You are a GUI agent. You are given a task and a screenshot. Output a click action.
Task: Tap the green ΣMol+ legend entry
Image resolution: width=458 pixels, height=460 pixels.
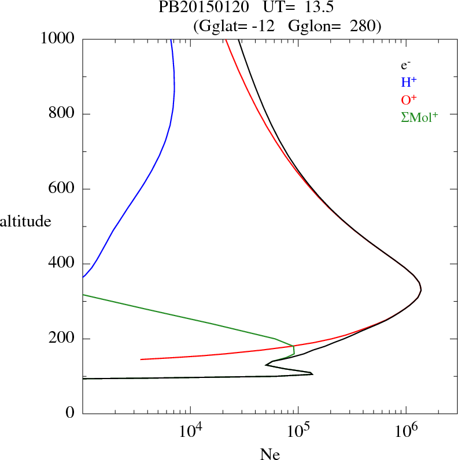click(x=419, y=117)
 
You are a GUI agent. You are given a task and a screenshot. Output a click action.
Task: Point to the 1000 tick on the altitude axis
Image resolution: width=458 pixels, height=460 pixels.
click(x=58, y=39)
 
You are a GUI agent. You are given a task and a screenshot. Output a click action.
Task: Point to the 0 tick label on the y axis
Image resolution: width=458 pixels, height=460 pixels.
click(x=71, y=413)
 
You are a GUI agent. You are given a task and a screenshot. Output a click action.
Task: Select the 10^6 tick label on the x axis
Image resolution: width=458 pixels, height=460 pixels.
click(x=406, y=430)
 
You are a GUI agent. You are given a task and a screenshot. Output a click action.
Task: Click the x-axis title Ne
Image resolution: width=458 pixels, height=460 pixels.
click(x=269, y=454)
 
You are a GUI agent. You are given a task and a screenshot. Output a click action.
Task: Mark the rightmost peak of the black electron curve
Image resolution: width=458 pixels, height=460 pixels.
click(x=421, y=290)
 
